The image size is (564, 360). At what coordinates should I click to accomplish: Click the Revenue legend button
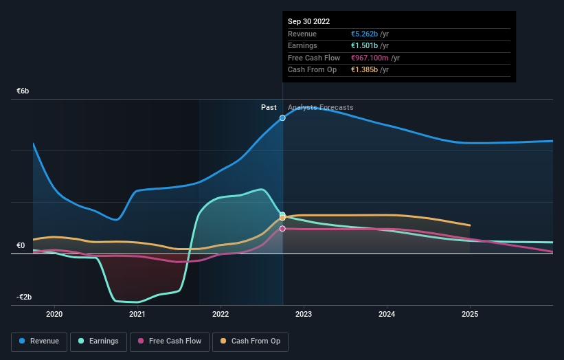coord(39,341)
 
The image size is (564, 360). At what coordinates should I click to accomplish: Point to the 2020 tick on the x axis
coord(54,314)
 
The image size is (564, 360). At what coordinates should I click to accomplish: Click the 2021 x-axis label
coord(137,314)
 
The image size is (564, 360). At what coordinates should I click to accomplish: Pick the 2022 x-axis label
coord(221,314)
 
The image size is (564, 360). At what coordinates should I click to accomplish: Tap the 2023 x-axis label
coord(304,314)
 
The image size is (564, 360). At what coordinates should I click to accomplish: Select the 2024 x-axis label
coord(387,314)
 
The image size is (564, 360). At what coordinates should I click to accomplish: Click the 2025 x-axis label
coord(470,314)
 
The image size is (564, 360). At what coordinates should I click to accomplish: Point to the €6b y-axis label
coord(23,91)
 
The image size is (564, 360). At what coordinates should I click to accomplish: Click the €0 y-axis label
coord(21,245)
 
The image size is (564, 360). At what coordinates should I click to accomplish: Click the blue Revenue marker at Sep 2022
coord(282,118)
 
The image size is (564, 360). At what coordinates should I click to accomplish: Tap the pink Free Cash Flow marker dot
coord(282,229)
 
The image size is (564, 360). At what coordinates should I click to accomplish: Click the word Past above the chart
coord(269,107)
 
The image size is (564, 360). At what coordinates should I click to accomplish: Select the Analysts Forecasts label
coord(321,107)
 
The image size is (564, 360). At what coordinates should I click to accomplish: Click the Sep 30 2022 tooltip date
coord(309,21)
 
